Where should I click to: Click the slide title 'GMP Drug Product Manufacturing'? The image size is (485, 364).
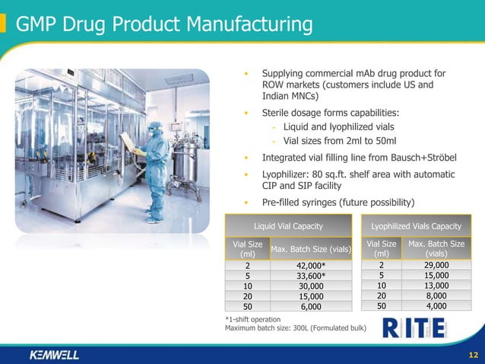point(163,24)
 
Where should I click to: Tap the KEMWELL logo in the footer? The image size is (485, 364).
point(53,355)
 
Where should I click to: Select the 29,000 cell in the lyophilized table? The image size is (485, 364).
point(436,265)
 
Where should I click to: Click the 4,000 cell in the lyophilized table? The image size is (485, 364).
point(436,306)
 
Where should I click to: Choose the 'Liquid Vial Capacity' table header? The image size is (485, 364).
point(288,226)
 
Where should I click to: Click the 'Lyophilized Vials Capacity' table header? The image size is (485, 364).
point(416,226)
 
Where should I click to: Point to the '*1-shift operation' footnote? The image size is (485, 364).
point(253,318)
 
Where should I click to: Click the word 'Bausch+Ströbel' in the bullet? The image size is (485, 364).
point(422,158)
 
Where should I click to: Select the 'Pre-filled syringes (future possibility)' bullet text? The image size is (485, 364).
point(338,203)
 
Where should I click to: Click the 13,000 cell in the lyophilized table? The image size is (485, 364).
point(436,286)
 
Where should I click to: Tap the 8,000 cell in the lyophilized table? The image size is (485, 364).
point(436,296)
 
